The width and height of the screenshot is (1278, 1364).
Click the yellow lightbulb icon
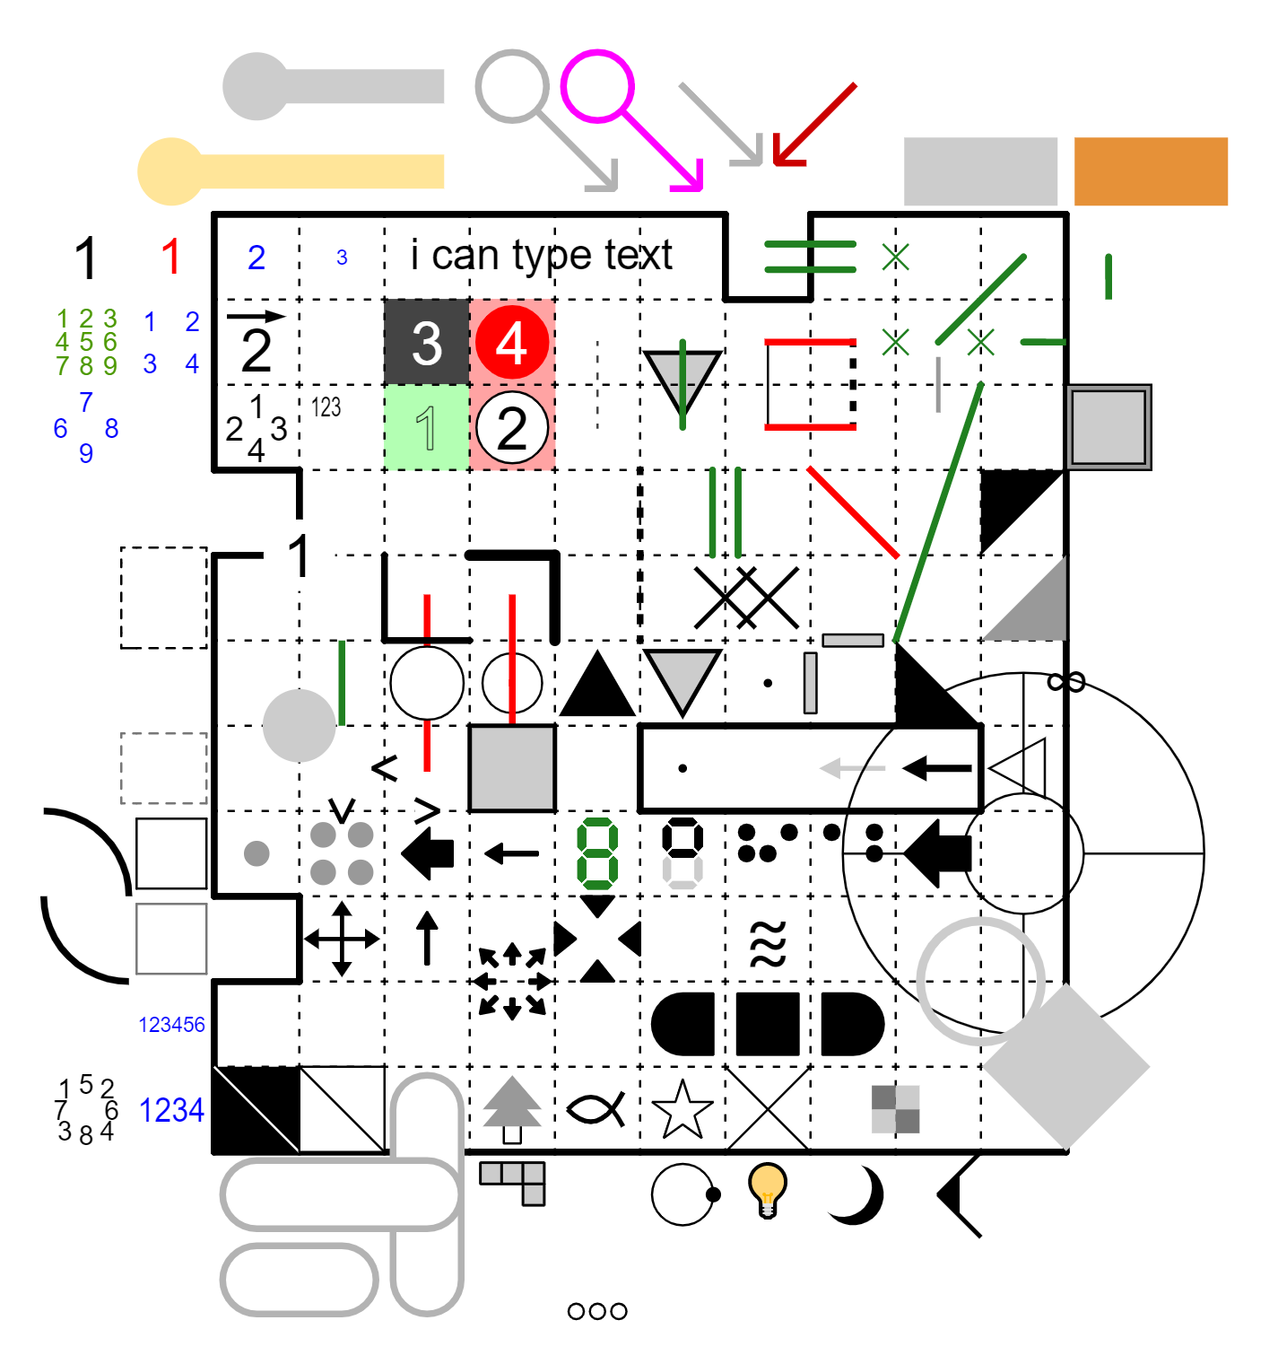768,1188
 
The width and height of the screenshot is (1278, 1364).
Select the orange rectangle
1151,171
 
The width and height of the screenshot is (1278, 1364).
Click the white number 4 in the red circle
512,343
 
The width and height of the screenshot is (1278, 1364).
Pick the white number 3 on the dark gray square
427,343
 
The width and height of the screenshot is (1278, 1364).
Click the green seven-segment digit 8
597,853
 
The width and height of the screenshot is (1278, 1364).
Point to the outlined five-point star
682,1110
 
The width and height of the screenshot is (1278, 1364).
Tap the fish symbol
596,1110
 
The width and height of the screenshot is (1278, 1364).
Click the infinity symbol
1066,683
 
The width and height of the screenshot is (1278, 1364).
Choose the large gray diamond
1065,1067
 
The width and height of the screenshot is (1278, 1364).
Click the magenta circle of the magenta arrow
597,86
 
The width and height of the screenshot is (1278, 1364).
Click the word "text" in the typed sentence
638,255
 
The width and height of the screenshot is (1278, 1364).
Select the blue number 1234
171,1111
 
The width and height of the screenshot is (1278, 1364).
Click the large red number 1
171,258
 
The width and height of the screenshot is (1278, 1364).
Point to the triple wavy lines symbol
768,943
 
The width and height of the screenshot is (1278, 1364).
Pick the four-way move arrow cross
342,940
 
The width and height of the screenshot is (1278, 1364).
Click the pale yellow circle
171,171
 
